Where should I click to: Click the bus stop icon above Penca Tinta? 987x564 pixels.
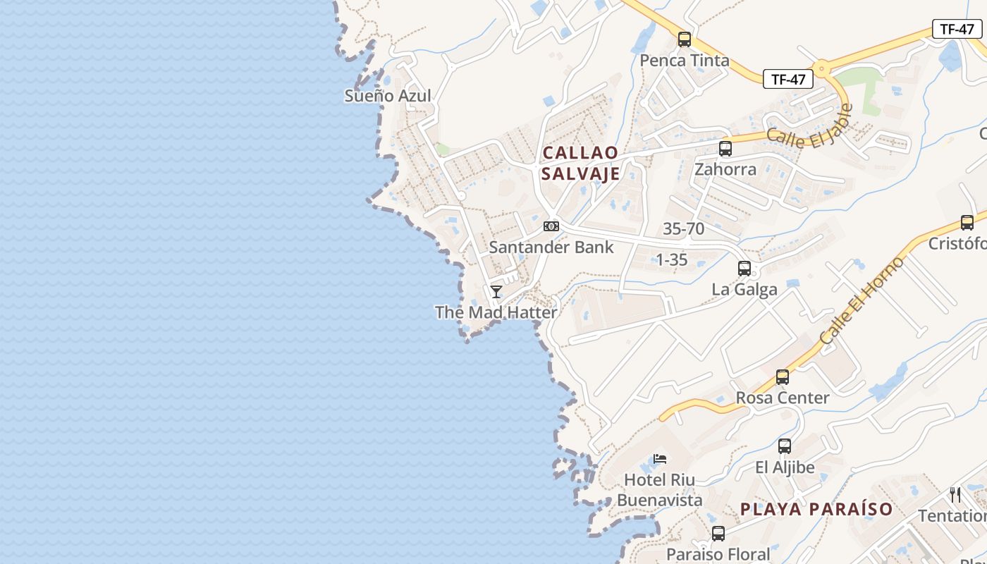pyautogui.click(x=684, y=39)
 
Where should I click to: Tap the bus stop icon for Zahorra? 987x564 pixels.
pyautogui.click(x=725, y=149)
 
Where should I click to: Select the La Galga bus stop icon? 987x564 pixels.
pyautogui.click(x=744, y=269)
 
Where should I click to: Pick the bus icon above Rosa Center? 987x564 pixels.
pyautogui.click(x=783, y=377)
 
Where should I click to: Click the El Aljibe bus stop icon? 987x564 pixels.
pyautogui.click(x=784, y=446)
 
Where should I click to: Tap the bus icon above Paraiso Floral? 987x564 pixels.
pyautogui.click(x=718, y=534)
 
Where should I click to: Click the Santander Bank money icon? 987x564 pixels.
pyautogui.click(x=551, y=226)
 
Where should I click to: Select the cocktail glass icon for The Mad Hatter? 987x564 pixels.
pyautogui.click(x=496, y=291)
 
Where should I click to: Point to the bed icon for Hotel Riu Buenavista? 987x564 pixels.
pyautogui.click(x=660, y=459)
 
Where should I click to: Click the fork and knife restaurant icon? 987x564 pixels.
pyautogui.click(x=955, y=494)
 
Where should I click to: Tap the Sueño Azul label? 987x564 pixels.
pyautogui.click(x=387, y=96)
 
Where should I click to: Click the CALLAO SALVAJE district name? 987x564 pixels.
pyautogui.click(x=580, y=163)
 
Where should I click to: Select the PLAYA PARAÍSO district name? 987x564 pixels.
pyautogui.click(x=816, y=509)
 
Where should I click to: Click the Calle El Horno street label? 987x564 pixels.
pyautogui.click(x=862, y=301)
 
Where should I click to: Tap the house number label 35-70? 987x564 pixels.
pyautogui.click(x=683, y=228)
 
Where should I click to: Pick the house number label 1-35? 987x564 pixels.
pyautogui.click(x=671, y=259)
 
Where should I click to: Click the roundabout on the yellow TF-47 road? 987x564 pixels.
pyautogui.click(x=821, y=70)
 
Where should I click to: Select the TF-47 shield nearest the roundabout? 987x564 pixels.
pyautogui.click(x=787, y=79)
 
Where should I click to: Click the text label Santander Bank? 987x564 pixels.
pyautogui.click(x=551, y=247)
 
